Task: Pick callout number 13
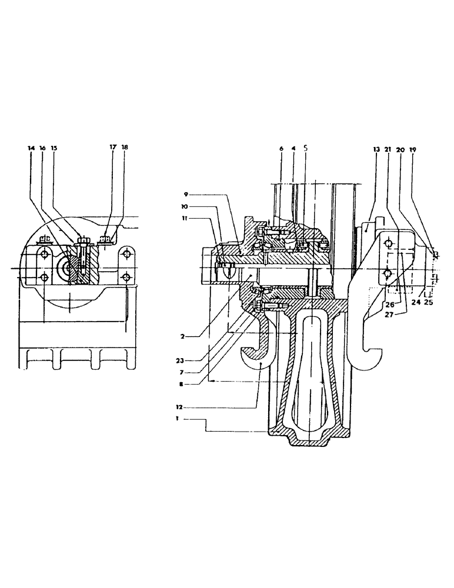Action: (376, 151)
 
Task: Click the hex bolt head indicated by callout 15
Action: (82, 239)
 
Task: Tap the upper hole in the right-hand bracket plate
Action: (388, 243)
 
